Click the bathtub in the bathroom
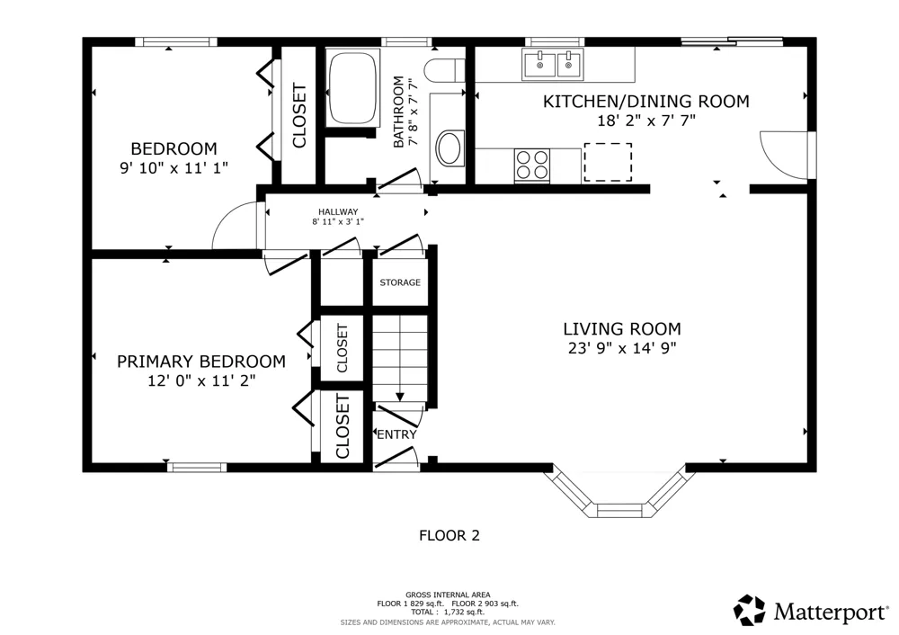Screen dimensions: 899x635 pos(352,88)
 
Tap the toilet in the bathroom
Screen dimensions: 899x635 pos(444,70)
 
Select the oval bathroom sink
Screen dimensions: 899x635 pos(450,148)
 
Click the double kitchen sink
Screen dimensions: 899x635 pos(553,64)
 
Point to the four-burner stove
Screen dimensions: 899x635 pos(532,165)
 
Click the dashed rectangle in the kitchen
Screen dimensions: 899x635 pos(608,162)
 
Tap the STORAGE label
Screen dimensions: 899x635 pos(400,282)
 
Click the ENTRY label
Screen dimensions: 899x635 pos(396,434)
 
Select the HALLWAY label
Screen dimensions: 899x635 pos(338,211)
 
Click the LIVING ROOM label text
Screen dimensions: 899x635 pos(622,328)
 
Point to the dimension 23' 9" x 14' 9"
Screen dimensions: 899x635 pos(622,348)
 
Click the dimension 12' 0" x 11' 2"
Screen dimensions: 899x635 pos(201,380)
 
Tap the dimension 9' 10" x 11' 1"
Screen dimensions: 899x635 pos(174,168)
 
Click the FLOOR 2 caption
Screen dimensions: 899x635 pos(449,536)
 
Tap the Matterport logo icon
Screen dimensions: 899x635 pos(750,610)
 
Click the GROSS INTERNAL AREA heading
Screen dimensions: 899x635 pos(448,595)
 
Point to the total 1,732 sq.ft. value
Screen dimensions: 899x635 pos(464,612)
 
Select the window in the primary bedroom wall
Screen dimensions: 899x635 pos(197,468)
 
